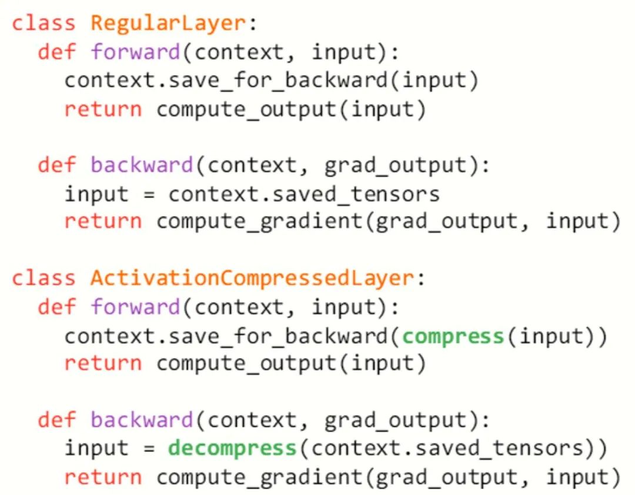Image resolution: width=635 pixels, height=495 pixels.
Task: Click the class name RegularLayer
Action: (x=167, y=24)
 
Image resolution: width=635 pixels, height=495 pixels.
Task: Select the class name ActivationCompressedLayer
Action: (x=252, y=278)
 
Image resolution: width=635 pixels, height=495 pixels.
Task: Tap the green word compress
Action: (x=453, y=336)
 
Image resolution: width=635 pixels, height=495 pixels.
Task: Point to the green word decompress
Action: (x=232, y=449)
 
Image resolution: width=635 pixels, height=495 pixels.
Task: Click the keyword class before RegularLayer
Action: (x=44, y=24)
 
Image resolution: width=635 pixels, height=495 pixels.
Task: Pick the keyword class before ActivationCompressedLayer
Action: (x=44, y=278)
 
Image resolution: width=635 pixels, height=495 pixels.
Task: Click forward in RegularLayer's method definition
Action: (x=135, y=52)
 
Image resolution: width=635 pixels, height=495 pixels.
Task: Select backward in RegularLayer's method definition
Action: (x=142, y=166)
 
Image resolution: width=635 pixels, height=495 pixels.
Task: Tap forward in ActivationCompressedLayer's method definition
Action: (x=135, y=307)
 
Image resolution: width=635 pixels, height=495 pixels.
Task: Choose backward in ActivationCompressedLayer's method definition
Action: (x=142, y=420)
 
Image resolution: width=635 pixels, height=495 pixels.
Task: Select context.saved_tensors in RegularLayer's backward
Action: (x=303, y=194)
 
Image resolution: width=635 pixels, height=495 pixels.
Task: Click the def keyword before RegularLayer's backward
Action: (x=56, y=166)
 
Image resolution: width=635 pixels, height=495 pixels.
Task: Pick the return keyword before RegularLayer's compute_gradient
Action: (x=103, y=222)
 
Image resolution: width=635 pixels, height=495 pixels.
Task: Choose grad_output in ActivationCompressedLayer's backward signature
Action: (x=388, y=420)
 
